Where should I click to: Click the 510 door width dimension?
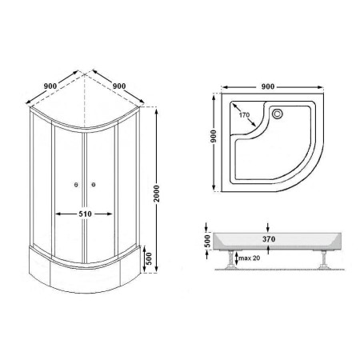click(85, 214)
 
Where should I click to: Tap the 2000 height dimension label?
click(157, 194)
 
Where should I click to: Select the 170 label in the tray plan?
click(244, 115)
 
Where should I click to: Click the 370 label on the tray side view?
click(269, 239)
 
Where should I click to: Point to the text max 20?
click(250, 258)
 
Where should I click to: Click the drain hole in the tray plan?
click(278, 114)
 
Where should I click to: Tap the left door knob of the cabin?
click(76, 185)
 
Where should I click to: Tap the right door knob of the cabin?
click(93, 184)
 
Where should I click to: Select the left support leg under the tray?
click(231, 259)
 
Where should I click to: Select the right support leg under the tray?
click(323, 259)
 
